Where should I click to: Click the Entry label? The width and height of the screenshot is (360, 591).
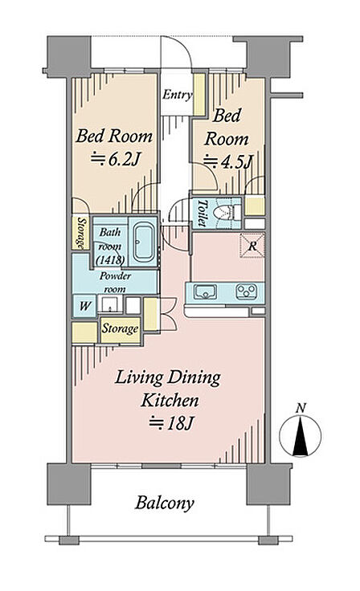[x=177, y=94]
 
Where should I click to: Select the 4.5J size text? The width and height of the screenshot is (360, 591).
[x=227, y=161]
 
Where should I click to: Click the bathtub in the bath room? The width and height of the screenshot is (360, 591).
[x=144, y=242]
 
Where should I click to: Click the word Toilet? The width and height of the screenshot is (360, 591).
[x=202, y=213]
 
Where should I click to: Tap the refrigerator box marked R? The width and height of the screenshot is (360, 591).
[x=252, y=247]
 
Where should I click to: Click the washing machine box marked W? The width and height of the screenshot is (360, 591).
[x=84, y=305]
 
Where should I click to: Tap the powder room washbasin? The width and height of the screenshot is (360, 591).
[x=110, y=304]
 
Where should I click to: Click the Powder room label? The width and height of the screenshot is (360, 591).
[x=115, y=283]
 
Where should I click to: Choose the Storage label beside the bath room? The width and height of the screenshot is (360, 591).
[x=80, y=233]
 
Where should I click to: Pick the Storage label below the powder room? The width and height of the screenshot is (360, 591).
[x=120, y=328]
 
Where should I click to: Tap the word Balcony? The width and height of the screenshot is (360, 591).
[x=165, y=503]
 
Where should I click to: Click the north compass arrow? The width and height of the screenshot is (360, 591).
[x=301, y=437]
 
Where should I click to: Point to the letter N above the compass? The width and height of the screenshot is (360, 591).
[x=301, y=408]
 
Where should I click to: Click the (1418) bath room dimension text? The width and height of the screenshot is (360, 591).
[x=110, y=259]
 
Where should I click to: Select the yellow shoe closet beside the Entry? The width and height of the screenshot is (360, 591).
[x=199, y=94]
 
